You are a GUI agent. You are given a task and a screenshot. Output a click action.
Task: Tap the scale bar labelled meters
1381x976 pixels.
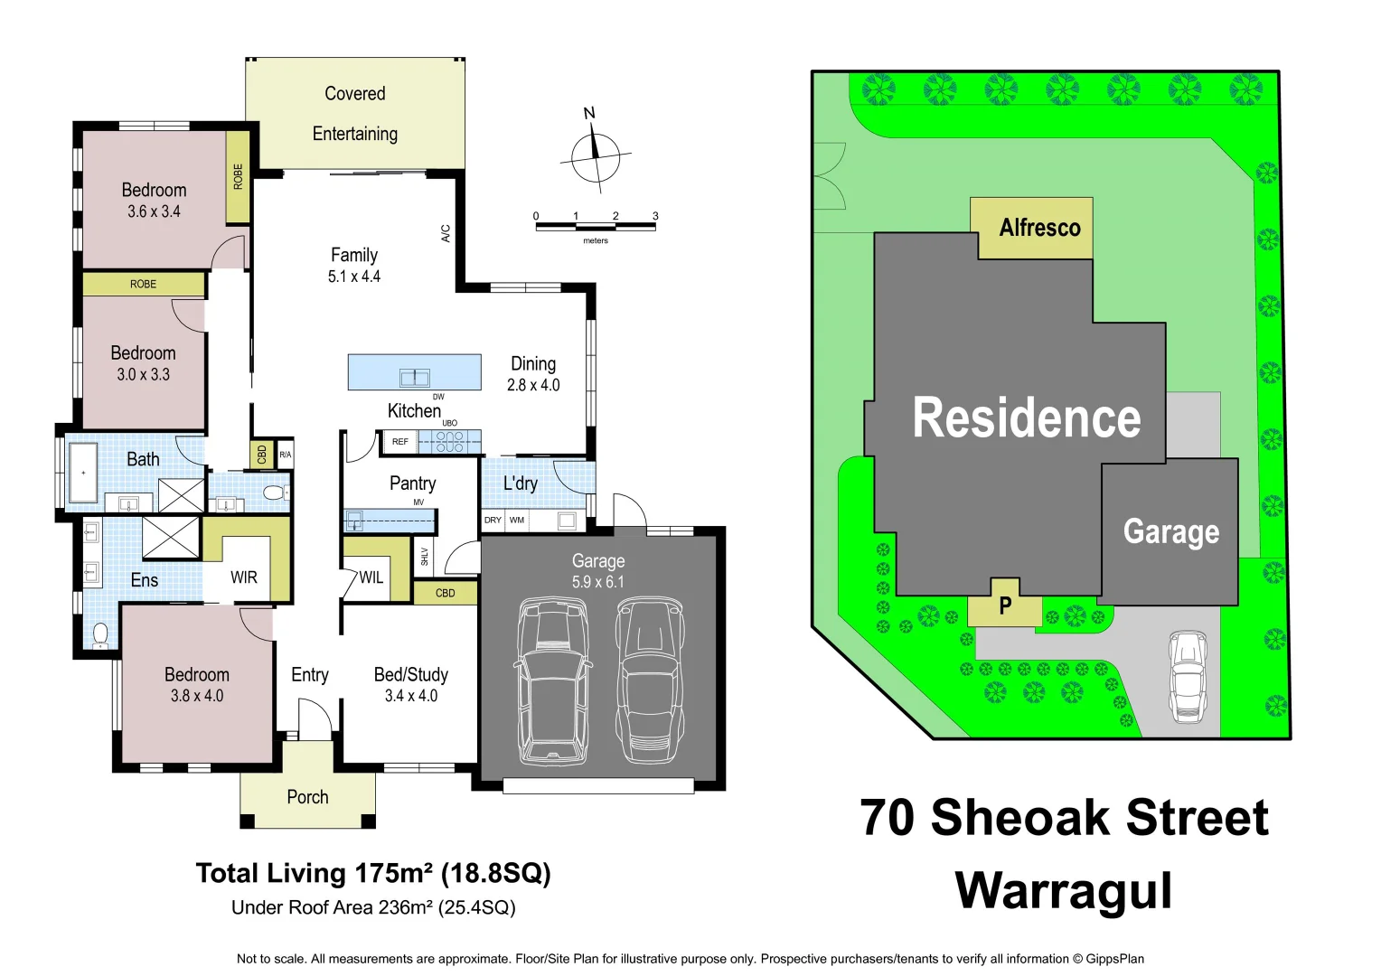click(595, 226)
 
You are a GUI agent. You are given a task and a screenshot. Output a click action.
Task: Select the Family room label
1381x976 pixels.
click(354, 256)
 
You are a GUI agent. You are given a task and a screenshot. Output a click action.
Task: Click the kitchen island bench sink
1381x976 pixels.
click(415, 377)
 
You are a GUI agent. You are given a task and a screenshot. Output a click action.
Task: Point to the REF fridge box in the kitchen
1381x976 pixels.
click(400, 442)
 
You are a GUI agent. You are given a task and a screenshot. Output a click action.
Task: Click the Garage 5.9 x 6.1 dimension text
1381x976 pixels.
click(597, 582)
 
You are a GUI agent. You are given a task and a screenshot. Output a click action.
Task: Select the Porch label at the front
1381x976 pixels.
click(307, 797)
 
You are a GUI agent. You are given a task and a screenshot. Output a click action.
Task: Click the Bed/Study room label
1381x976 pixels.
click(411, 675)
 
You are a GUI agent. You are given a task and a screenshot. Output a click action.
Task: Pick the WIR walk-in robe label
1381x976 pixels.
click(244, 577)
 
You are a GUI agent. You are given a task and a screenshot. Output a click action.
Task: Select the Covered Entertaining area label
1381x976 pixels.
click(355, 114)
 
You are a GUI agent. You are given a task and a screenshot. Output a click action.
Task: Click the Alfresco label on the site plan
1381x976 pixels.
click(1039, 228)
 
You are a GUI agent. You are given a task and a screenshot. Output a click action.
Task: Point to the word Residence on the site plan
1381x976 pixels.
click(1026, 418)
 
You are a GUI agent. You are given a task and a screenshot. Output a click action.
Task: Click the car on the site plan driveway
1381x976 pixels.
click(1188, 676)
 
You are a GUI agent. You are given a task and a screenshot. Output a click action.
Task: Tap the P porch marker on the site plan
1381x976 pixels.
click(1005, 605)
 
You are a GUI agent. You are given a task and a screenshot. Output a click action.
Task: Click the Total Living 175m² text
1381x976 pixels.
click(372, 873)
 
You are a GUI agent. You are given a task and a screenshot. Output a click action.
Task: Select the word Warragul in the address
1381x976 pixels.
click(1063, 891)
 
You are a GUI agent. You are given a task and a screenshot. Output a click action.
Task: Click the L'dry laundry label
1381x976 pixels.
click(521, 483)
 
